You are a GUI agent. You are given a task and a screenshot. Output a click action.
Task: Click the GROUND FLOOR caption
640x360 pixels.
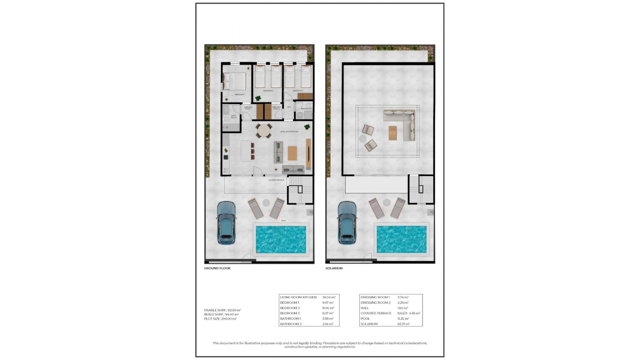[x=217, y=268]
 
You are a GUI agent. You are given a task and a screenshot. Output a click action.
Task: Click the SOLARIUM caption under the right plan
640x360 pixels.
[x=334, y=268]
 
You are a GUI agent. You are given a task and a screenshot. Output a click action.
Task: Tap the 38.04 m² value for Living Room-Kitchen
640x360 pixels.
[x=329, y=297]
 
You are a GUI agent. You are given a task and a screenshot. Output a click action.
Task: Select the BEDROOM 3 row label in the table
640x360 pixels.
[x=290, y=313]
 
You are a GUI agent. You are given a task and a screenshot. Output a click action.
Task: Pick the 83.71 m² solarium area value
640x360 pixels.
[x=403, y=324]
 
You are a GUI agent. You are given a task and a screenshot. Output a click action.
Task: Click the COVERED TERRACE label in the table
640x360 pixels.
[x=376, y=313]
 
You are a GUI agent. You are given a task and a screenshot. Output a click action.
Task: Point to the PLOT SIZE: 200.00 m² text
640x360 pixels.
[x=220, y=319]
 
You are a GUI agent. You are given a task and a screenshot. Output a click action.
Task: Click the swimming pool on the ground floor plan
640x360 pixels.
[x=281, y=239]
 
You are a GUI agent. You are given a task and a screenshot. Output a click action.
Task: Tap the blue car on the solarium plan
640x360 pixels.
[x=347, y=222]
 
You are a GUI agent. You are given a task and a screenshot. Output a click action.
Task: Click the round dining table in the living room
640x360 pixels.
[x=264, y=131]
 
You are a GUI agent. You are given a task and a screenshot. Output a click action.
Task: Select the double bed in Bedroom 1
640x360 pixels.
[x=235, y=81]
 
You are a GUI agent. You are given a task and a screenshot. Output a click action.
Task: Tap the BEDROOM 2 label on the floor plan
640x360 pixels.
[x=268, y=91]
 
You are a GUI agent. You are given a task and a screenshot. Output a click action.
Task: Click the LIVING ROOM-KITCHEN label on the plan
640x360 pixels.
[x=289, y=132]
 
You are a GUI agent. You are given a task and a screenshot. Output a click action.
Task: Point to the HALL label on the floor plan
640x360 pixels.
[x=289, y=107]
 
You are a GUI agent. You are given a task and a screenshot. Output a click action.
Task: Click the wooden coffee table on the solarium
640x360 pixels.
[x=393, y=133]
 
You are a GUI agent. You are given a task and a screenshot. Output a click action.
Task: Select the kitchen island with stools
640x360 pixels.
[x=246, y=151]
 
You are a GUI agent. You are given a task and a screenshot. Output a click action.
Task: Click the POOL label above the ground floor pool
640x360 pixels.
[x=284, y=221]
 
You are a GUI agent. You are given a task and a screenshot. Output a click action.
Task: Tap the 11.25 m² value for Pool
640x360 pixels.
[x=403, y=319]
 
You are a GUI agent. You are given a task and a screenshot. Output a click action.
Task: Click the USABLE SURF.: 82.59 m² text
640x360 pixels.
[x=222, y=310]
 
